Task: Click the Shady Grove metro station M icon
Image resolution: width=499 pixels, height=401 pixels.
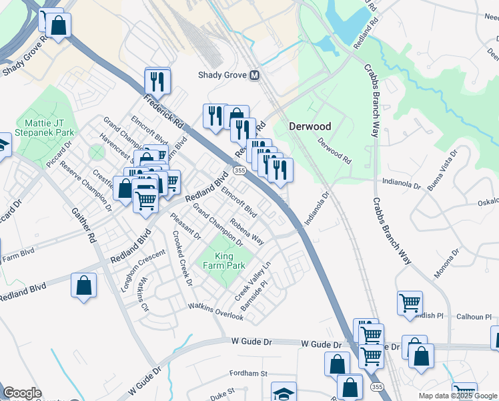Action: [254, 76]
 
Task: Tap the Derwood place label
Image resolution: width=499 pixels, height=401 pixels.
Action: [310, 126]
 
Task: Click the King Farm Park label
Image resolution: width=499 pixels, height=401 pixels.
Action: [225, 261]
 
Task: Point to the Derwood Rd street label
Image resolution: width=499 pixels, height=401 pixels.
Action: [334, 151]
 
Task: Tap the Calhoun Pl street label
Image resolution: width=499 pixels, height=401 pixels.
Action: [474, 316]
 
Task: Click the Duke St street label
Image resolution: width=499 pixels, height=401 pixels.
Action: [223, 392]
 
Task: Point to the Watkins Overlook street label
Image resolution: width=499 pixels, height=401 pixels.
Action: [215, 311]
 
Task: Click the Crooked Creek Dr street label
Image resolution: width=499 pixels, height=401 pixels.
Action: [182, 259]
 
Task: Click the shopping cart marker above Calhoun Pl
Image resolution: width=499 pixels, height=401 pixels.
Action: [410, 302]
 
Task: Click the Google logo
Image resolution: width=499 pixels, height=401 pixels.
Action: [22, 393]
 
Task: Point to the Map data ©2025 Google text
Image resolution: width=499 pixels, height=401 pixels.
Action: [458, 396]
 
